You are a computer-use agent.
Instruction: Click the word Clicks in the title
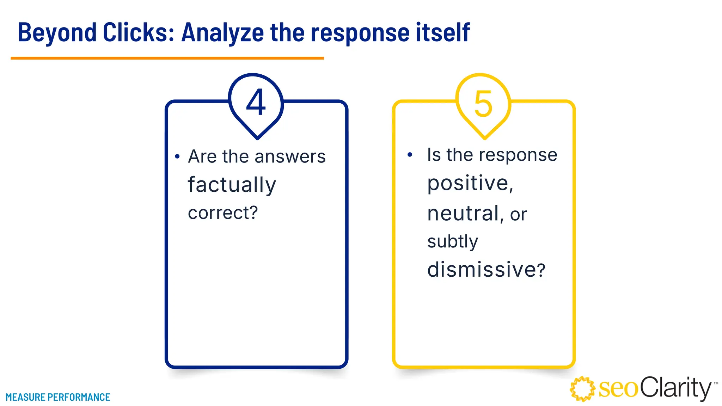point(139,32)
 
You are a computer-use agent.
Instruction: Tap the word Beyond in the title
point(57,32)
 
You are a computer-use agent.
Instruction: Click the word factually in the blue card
point(232,185)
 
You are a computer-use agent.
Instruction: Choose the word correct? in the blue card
point(223,213)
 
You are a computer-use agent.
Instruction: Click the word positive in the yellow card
point(468,183)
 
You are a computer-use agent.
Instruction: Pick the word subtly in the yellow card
point(453,242)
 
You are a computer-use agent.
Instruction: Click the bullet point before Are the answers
point(177,156)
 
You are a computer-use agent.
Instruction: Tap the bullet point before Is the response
point(410,155)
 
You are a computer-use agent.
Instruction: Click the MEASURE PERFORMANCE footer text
point(58,397)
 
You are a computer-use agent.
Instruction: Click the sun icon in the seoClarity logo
point(582,389)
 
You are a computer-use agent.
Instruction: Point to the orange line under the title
point(167,58)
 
